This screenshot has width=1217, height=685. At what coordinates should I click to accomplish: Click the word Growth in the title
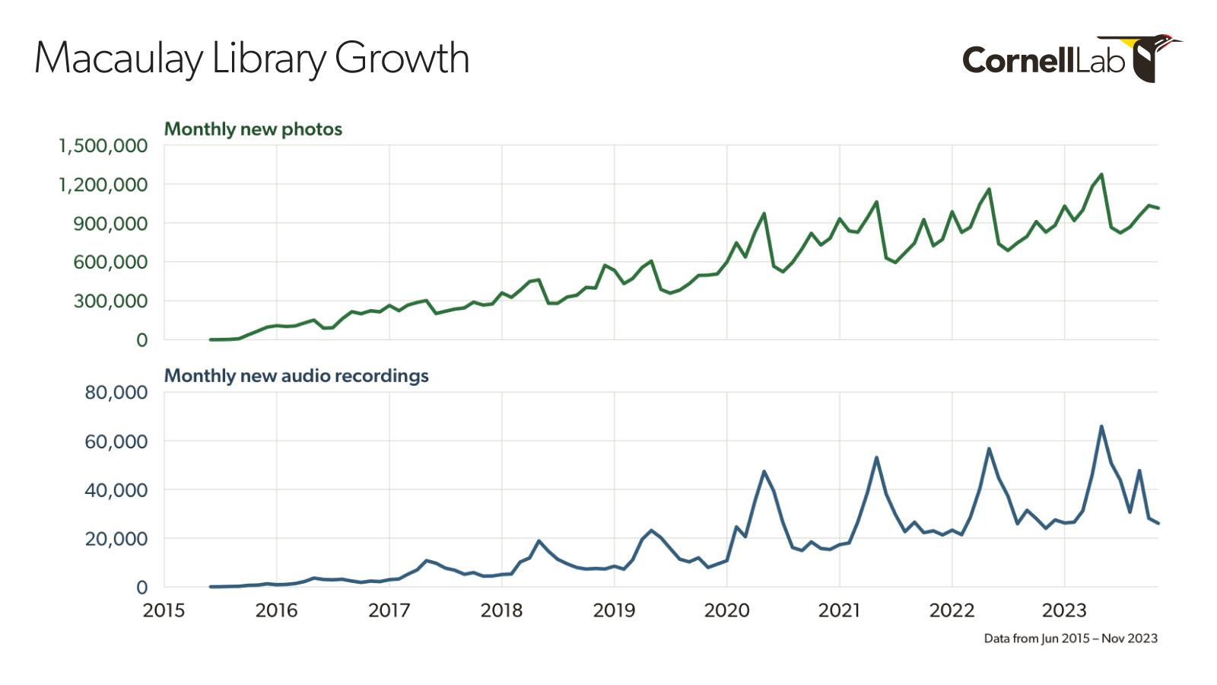(402, 59)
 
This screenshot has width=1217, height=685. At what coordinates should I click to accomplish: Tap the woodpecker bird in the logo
(1155, 57)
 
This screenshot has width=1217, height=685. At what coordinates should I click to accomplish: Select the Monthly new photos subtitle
(253, 129)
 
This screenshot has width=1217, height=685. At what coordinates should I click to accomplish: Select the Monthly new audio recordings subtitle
(297, 376)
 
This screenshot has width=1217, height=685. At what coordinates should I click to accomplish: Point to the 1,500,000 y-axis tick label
(103, 145)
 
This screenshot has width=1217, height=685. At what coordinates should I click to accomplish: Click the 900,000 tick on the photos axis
(110, 224)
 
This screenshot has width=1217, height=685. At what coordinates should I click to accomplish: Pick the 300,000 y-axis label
(110, 301)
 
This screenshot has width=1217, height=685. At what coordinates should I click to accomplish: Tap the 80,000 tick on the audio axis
(116, 393)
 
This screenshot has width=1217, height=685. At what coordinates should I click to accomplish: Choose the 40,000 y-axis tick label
(116, 490)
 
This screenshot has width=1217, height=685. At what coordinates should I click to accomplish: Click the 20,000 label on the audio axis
(116, 539)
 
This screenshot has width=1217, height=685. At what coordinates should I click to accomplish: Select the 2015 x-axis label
(164, 610)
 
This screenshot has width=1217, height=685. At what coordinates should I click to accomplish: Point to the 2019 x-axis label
(614, 610)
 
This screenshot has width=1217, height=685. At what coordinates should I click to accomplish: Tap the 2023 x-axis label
(1064, 610)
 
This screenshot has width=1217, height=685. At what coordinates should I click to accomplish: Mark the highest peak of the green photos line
(1101, 175)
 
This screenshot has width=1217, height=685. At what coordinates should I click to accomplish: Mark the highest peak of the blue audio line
(1101, 426)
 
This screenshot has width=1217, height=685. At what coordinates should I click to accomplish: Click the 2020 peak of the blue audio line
(764, 472)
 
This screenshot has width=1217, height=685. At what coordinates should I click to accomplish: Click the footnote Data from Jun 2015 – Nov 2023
(1070, 639)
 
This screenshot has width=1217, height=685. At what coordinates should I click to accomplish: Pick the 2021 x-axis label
(839, 610)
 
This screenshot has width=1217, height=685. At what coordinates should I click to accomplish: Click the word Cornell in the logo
(1018, 60)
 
